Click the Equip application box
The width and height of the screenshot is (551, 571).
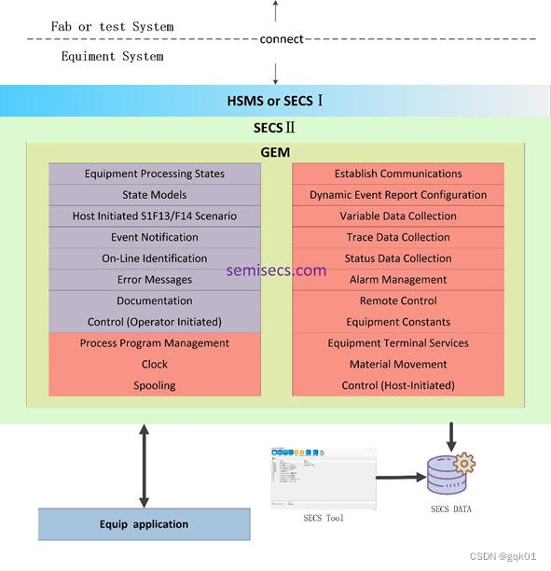(x=144, y=524)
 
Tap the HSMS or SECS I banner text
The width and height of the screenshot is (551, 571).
(x=275, y=101)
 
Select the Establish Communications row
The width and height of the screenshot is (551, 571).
(x=398, y=174)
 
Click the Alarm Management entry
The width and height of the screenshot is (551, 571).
(x=398, y=280)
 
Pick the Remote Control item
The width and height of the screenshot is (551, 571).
(x=398, y=301)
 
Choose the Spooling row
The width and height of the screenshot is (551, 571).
(x=155, y=385)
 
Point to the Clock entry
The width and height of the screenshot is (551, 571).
(x=155, y=364)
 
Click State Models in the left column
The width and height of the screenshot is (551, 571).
(x=155, y=195)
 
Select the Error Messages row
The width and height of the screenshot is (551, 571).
(x=155, y=280)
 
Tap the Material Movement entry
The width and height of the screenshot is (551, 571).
(x=398, y=364)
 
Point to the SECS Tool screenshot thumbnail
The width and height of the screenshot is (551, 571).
(x=324, y=479)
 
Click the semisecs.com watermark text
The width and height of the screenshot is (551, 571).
(x=276, y=271)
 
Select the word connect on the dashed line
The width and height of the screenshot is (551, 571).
(x=282, y=39)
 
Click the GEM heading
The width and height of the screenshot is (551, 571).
(x=275, y=152)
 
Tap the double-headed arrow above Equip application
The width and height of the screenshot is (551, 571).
(x=144, y=466)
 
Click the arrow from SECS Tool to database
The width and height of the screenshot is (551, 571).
(x=398, y=477)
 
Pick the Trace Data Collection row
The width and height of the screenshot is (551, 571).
(x=398, y=237)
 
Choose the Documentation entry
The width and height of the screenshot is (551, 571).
(x=155, y=301)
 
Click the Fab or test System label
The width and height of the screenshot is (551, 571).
(x=112, y=26)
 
